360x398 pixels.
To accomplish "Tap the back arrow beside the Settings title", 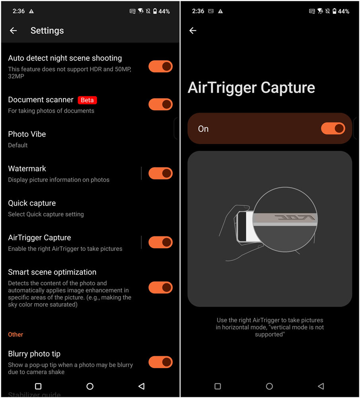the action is [14, 31].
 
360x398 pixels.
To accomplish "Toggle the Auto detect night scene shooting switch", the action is [161, 66].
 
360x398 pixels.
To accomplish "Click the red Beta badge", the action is [87, 100].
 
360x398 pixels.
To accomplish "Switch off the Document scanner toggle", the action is [161, 104].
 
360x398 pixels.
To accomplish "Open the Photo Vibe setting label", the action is [27, 134].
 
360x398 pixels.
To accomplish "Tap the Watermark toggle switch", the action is [161, 174].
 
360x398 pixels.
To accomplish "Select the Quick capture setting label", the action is [32, 203].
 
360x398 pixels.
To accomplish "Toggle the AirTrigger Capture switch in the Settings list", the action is [161, 242].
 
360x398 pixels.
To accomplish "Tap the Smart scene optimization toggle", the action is [161, 287].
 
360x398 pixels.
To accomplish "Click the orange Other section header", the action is [16, 335].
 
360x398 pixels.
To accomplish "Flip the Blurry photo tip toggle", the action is [161, 362].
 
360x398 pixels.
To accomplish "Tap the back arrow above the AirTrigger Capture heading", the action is [193, 31].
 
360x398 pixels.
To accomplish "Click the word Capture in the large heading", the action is [288, 88].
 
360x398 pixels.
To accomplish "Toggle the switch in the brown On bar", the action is [333, 129].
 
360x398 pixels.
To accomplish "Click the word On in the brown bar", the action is [203, 129].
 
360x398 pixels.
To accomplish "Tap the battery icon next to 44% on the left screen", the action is [155, 11].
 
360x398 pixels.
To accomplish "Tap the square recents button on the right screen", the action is [218, 386].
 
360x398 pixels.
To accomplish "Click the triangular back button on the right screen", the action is [321, 386].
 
